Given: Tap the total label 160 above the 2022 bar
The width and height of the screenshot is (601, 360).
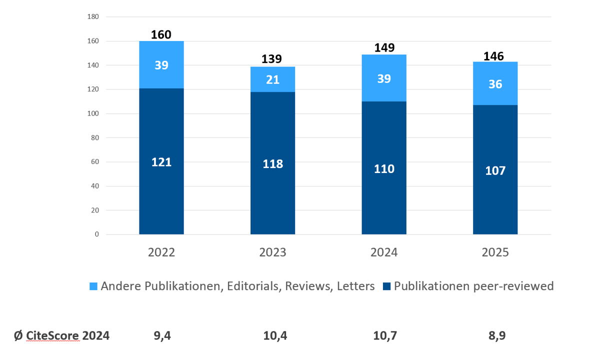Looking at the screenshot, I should (x=161, y=35).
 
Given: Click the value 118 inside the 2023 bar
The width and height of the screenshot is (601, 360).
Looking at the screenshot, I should (x=272, y=164).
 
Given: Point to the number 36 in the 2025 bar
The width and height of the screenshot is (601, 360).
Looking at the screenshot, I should (x=495, y=84).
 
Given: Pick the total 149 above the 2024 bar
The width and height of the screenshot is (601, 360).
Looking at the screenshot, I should (x=384, y=48).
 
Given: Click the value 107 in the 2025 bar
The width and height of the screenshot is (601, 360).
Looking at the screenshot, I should (x=495, y=170).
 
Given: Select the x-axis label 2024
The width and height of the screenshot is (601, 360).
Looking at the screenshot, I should (x=384, y=252).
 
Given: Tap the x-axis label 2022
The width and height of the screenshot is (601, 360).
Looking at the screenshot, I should (x=161, y=252).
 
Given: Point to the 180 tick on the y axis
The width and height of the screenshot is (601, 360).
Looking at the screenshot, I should (x=93, y=17).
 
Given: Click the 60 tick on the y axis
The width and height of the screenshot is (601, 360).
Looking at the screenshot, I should (x=95, y=162).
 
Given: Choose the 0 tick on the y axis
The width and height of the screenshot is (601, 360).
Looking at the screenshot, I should (x=97, y=234).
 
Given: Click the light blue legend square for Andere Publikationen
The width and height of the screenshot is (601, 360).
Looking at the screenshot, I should (x=93, y=286).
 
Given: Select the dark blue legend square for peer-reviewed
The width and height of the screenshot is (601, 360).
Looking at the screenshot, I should (x=386, y=286).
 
